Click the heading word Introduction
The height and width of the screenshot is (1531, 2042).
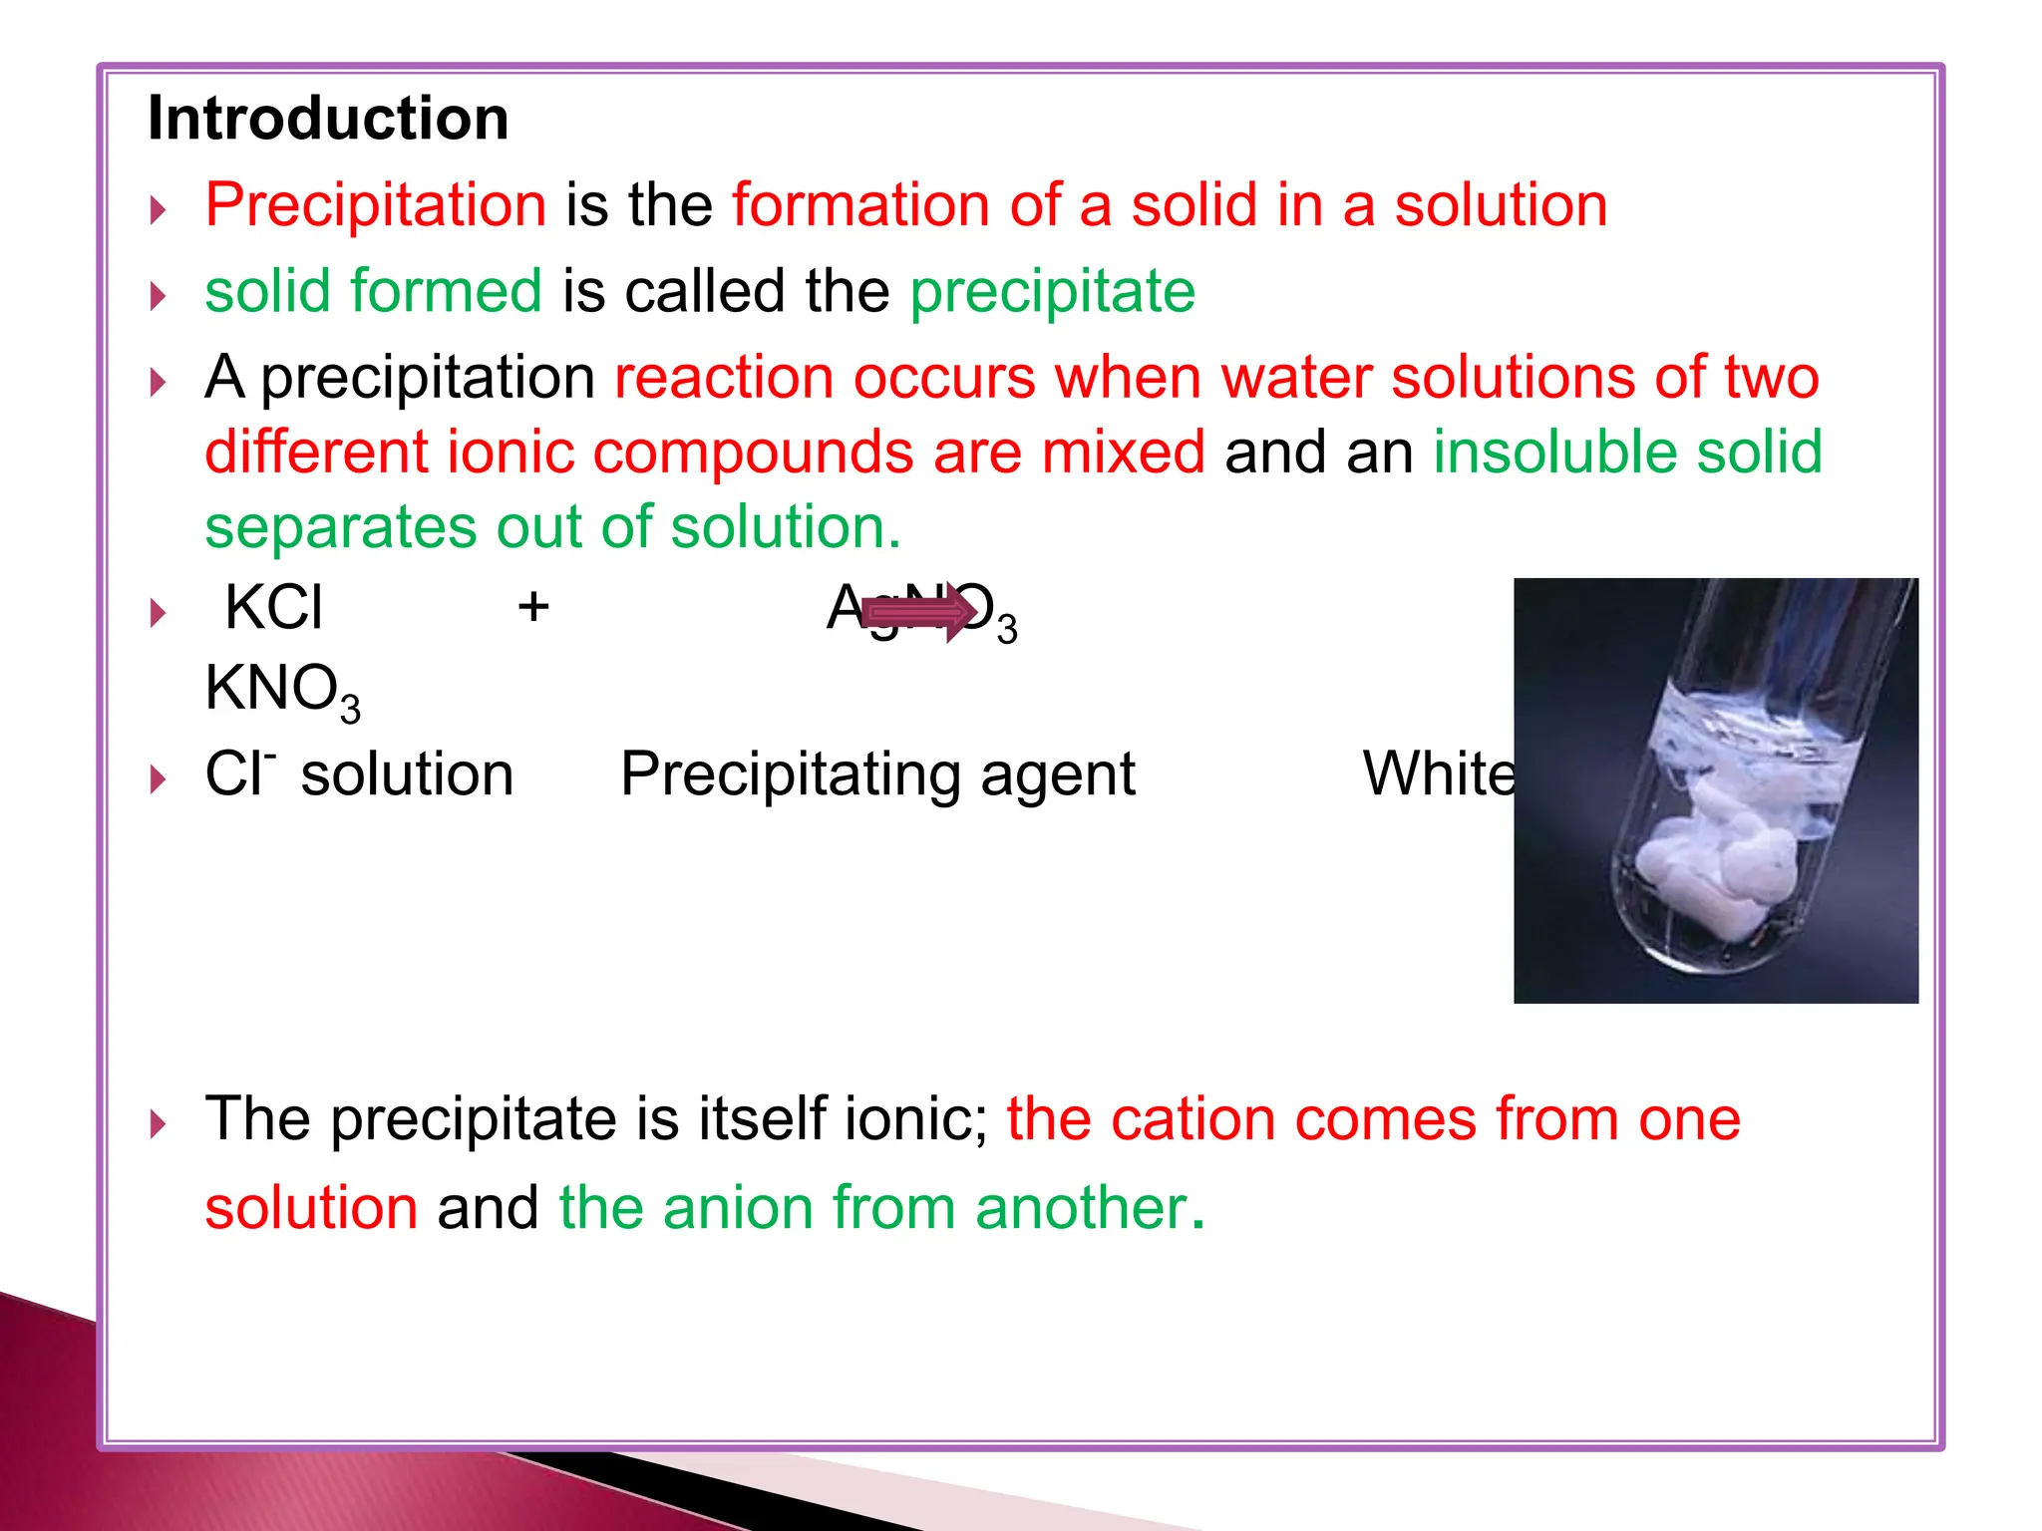point(328,119)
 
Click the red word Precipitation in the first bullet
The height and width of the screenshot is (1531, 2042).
point(375,205)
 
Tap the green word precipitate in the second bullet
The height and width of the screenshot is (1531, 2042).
point(1052,291)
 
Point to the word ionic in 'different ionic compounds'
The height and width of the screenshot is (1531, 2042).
point(510,452)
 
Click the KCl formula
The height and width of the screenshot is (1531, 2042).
point(274,607)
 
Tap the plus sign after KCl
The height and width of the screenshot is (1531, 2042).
point(533,606)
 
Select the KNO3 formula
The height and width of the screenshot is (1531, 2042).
point(282,690)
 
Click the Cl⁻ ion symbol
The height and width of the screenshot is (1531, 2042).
point(239,773)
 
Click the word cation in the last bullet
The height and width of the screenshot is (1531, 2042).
point(1191,1118)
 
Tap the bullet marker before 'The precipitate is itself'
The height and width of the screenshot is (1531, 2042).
point(158,1124)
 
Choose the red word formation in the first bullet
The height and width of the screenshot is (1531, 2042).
point(860,205)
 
